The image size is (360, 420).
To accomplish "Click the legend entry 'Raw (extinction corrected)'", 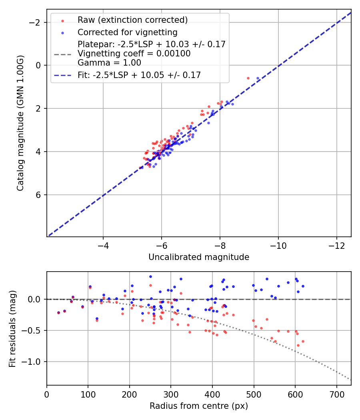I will [132, 20].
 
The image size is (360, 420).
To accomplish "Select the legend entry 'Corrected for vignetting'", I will [128, 32].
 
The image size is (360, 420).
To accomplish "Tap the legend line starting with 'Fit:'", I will [139, 75].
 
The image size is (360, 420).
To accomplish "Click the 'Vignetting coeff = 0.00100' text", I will [134, 54].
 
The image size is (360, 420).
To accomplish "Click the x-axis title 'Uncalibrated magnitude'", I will [199, 257].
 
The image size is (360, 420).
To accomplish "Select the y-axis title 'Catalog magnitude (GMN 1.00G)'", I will [20, 123].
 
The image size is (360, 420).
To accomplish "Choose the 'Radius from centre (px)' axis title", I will [199, 406].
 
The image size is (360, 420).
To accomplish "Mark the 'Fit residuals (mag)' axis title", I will [12, 328].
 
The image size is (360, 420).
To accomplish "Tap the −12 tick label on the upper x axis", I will [336, 244].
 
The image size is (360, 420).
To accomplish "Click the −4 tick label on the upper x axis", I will [103, 244].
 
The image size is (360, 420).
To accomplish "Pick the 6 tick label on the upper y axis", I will [38, 195].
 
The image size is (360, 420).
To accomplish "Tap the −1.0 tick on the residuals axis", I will [33, 362].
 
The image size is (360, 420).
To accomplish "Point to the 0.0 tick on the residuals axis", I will [36, 299].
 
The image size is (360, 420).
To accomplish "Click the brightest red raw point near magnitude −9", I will [248, 78].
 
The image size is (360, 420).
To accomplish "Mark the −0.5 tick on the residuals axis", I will [33, 330].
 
